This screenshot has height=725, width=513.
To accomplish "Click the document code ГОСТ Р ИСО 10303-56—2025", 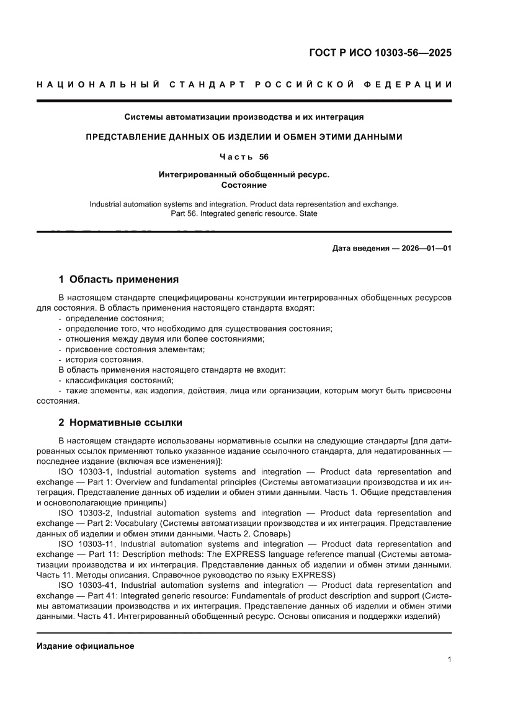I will coord(380,53).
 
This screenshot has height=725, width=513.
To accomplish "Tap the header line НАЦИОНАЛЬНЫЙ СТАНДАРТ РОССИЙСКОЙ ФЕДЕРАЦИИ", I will coord(244,84).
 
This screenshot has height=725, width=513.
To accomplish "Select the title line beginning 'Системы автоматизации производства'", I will coord(244,117).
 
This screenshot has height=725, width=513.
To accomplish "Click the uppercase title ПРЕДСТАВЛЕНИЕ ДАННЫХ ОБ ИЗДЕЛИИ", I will coord(244,136).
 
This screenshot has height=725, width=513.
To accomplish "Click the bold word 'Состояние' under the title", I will coord(244,185).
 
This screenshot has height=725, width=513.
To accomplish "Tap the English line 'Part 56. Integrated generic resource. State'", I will coord(244,213).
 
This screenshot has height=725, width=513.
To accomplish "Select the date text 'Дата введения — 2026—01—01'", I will coord(392,249).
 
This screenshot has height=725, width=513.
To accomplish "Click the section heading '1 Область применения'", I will coord(118,279).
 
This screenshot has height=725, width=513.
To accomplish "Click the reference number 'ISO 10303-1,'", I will coord(85,472).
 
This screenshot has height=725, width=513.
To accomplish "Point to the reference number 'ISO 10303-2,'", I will coord(85,513).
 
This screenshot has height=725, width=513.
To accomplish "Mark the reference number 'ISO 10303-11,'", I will coord(87,544).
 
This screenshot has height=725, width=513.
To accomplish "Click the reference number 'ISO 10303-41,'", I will coord(87,585).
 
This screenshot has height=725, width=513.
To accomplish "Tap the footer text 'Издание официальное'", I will coord(86,646).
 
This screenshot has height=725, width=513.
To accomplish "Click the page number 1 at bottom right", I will coord(449,660).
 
